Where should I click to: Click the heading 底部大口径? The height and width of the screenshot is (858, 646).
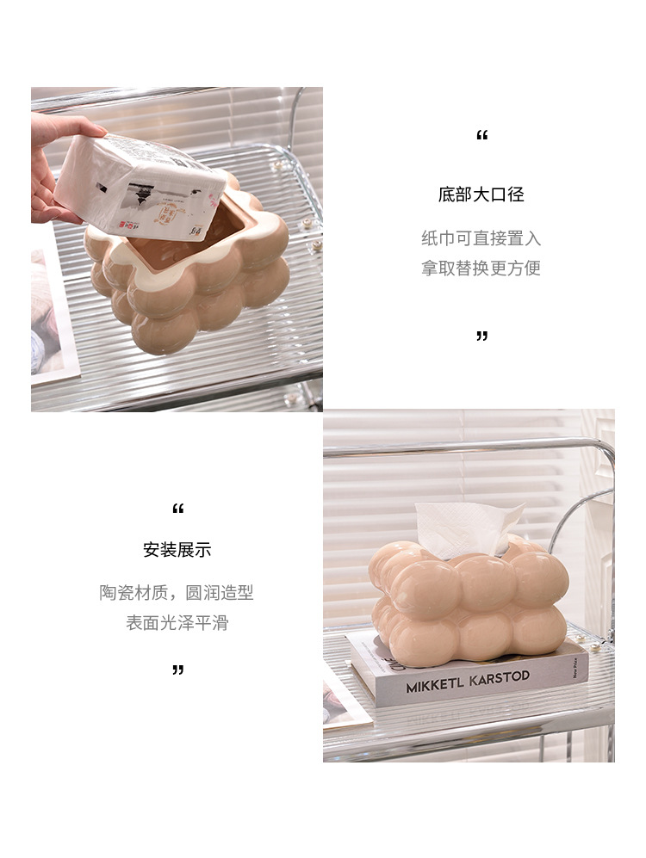[x=481, y=194]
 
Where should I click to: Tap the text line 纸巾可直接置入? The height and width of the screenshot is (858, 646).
[x=481, y=238]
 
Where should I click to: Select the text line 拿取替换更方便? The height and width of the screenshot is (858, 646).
[x=481, y=268]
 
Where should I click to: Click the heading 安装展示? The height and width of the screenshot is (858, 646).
[x=177, y=549]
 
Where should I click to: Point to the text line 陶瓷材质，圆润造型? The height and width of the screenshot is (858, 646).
[x=177, y=593]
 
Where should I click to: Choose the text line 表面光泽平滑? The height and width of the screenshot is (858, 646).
[x=177, y=622]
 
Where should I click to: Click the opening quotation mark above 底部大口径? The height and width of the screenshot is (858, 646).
[x=481, y=136]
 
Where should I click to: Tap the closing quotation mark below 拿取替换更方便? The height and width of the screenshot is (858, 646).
[x=481, y=336]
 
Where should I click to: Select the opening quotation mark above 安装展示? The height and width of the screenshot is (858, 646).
[x=177, y=509]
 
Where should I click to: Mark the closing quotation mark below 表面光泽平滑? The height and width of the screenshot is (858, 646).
[x=177, y=669]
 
